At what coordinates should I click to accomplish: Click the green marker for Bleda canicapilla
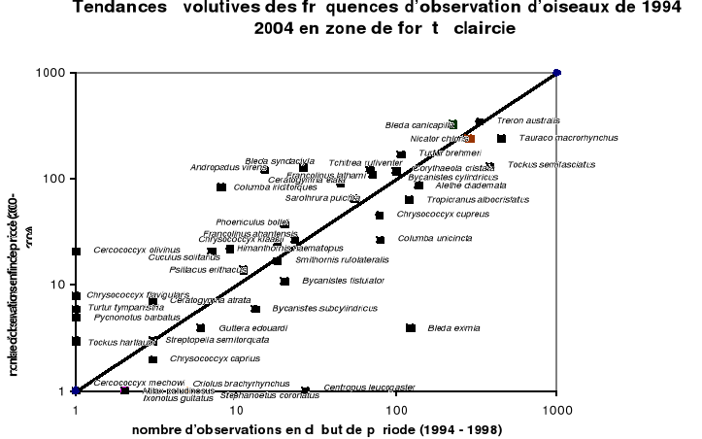click(453, 124)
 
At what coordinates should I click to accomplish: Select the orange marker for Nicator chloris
click(471, 139)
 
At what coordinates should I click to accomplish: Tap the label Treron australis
click(528, 120)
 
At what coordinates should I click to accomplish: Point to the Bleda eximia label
click(453, 328)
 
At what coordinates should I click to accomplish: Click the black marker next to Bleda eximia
click(411, 328)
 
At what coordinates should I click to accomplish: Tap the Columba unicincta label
click(435, 238)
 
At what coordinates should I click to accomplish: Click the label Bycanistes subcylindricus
click(324, 309)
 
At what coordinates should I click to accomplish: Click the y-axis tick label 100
click(53, 179)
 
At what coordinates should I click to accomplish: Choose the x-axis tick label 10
click(235, 409)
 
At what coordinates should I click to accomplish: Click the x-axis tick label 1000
click(556, 409)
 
